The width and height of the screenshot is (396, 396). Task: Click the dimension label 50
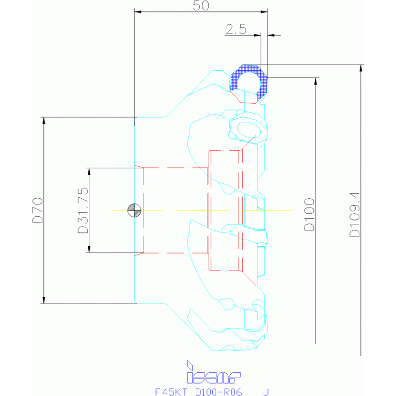(x=200, y=6)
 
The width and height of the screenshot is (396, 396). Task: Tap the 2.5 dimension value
(x=235, y=29)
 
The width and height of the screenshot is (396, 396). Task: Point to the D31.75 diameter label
(x=82, y=210)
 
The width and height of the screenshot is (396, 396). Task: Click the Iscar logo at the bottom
(x=213, y=373)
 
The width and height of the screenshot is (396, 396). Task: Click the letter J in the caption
(x=265, y=391)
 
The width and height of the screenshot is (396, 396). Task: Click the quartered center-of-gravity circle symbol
(x=134, y=210)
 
